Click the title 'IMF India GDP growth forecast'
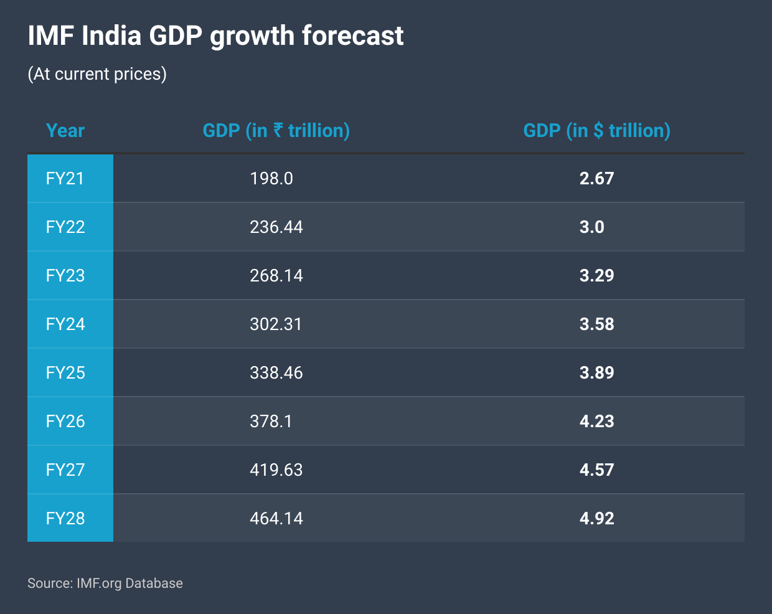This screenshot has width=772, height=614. [x=215, y=36]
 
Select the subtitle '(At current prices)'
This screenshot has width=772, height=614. [x=97, y=74]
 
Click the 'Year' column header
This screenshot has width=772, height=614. [x=65, y=131]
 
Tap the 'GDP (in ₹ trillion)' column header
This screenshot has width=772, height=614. [x=276, y=131]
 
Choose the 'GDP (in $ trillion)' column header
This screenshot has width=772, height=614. [x=596, y=131]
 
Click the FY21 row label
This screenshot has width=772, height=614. [x=65, y=179]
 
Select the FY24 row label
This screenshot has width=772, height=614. [x=65, y=324]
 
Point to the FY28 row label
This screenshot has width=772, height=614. [x=65, y=519]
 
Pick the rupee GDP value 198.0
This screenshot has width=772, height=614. [x=271, y=179]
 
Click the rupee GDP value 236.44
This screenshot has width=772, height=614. [x=276, y=227]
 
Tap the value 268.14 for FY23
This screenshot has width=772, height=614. [x=276, y=276]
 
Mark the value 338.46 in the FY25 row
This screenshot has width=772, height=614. [x=276, y=373]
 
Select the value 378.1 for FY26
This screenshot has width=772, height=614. [x=271, y=422]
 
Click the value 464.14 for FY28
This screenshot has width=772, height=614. [x=276, y=519]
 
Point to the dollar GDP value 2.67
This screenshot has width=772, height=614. [x=596, y=179]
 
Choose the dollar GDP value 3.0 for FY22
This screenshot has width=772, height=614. [x=592, y=227]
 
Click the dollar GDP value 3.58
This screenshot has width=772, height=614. [x=596, y=324]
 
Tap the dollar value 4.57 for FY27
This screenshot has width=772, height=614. [x=596, y=470]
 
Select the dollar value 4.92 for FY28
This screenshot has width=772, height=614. [x=596, y=519]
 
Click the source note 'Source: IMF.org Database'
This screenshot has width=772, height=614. [x=105, y=583]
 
